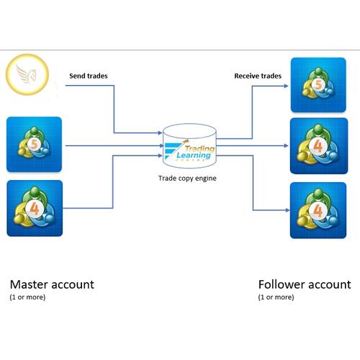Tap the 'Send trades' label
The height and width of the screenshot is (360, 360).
coord(89,74)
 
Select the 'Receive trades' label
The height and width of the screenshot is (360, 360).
coord(258,74)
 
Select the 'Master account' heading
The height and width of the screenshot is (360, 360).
coord(51,284)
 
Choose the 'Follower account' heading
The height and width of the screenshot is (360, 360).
coord(305,284)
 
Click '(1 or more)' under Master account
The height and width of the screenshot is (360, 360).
coord(27,297)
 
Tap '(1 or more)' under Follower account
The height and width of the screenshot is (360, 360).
coord(276,297)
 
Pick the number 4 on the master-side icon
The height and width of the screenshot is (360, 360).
coord(33,209)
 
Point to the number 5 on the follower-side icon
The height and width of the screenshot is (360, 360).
coord(318,84)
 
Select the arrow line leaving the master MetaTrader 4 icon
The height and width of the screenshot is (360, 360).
coord(86,209)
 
